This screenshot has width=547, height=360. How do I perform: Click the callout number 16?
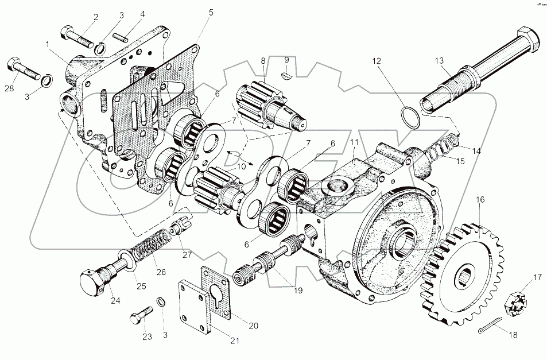[x=480, y=200]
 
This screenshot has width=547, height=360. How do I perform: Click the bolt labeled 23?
[x=142, y=314]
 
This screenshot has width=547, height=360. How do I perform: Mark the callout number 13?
[x=439, y=60]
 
